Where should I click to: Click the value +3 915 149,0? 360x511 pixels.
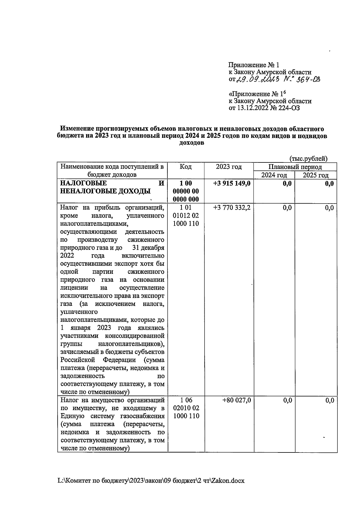pos(231,183)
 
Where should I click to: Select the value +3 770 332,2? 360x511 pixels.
pos(231,208)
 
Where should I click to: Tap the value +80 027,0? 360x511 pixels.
pos(236,400)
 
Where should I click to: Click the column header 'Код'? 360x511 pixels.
pos(186,167)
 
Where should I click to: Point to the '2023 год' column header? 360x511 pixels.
pos(229,167)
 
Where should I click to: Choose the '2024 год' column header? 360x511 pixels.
pos(274,175)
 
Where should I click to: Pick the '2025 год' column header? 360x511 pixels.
pos(316,175)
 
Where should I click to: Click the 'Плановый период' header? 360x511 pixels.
pos(295,167)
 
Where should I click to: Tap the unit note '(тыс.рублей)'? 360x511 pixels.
pos(308,159)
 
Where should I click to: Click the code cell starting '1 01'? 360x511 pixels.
pos(186,216)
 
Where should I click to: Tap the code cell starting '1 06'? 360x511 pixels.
pos(186,408)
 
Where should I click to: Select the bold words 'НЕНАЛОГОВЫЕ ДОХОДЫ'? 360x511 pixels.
pos(105,191)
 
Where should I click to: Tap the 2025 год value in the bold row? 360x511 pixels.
pos(329,183)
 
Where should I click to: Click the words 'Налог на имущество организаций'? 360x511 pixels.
pos(112,400)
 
